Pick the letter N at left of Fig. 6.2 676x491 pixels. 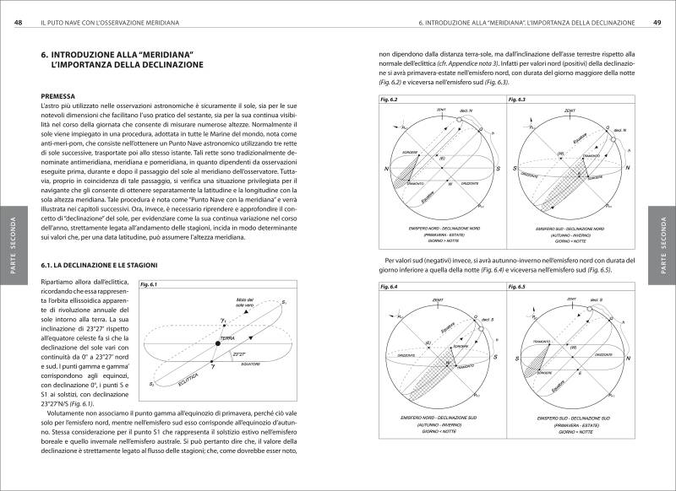pos(387,169)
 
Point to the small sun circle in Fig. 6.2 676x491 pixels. pos(457,120)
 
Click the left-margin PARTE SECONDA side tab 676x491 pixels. pos(13,245)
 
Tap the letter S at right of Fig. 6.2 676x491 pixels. pos(501,169)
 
